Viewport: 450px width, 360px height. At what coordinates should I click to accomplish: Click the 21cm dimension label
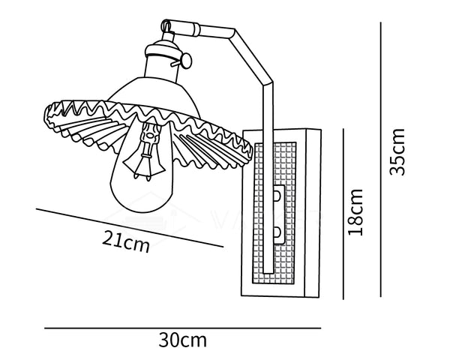coord(127,242)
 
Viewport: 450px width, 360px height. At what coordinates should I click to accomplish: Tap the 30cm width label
coord(182,340)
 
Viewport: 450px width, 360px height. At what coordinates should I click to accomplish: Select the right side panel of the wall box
coord(310,214)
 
